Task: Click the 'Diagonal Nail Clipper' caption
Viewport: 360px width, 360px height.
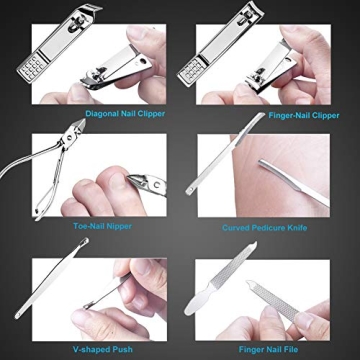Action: click(x=124, y=113)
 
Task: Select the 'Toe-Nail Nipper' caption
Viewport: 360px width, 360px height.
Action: click(x=99, y=227)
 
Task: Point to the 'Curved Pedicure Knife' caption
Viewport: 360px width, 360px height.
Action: click(x=265, y=227)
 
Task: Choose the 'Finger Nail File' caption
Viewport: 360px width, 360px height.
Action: click(x=266, y=340)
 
